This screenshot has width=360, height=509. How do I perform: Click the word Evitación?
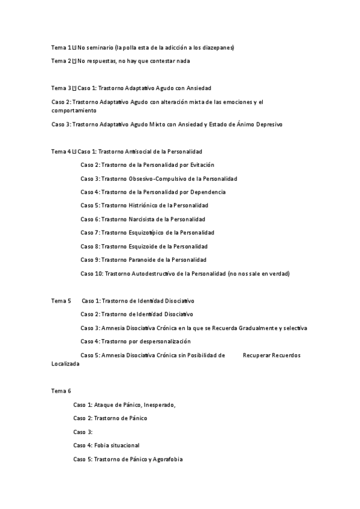pyautogui.click(x=202, y=165)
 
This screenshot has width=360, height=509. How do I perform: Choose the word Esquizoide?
pyautogui.click(x=144, y=247)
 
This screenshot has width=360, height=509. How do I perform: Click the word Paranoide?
pyautogui.click(x=143, y=260)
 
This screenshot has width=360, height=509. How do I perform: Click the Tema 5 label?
pyautogui.click(x=61, y=301)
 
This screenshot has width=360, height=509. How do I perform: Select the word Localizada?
pyautogui.click(x=65, y=364)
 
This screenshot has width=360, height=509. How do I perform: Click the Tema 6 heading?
pyautogui.click(x=61, y=391)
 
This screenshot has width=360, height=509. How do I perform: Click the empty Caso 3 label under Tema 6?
pyautogui.click(x=83, y=432)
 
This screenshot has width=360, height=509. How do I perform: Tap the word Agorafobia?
pyautogui.click(x=166, y=459)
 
